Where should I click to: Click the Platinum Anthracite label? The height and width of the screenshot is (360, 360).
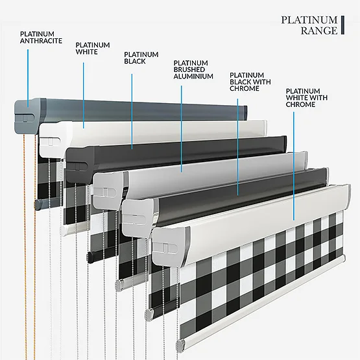pyautogui.click(x=41, y=37)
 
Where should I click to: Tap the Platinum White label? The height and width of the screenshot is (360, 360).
pyautogui.click(x=93, y=48)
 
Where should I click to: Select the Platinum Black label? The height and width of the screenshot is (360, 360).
pyautogui.click(x=141, y=58)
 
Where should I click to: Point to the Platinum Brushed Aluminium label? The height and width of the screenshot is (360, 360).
pyautogui.click(x=193, y=69)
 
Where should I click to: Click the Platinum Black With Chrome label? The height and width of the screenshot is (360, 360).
pyautogui.click(x=250, y=82)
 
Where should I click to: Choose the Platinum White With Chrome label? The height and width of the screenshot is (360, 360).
pyautogui.click(x=307, y=97)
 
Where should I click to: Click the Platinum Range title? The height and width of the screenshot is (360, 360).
pyautogui.click(x=309, y=25)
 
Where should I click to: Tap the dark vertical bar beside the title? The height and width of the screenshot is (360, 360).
pyautogui.click(x=342, y=25)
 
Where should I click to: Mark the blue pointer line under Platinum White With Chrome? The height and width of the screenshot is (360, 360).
pyautogui.click(x=294, y=166)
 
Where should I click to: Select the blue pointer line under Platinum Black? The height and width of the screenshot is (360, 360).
pyautogui.click(x=132, y=112)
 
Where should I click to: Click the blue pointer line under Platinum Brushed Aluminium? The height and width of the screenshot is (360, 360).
pyautogui.click(x=182, y=129)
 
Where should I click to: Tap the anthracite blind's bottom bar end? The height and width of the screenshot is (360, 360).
pyautogui.click(x=38, y=204)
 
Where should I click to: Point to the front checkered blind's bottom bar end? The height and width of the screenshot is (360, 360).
pyautogui.click(x=181, y=345)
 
